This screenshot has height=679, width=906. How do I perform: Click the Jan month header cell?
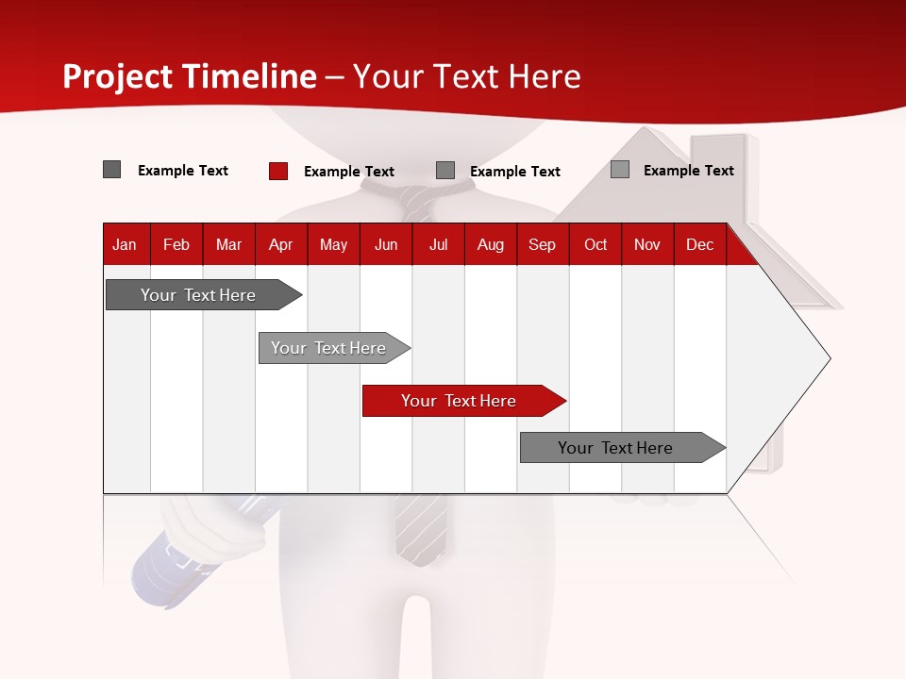125,244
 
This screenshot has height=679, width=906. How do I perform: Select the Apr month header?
280,244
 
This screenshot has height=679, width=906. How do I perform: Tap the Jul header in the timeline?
438,244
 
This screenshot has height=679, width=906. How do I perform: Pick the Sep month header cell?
542,244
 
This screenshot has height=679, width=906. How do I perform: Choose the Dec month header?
699,244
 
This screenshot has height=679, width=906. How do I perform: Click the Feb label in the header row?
176,244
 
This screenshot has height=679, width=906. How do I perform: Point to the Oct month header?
596,244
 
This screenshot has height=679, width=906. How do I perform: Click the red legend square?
277,171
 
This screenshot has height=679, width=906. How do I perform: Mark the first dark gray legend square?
111,170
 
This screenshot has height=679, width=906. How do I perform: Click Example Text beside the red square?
348,172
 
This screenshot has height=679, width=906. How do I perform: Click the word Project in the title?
117,76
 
